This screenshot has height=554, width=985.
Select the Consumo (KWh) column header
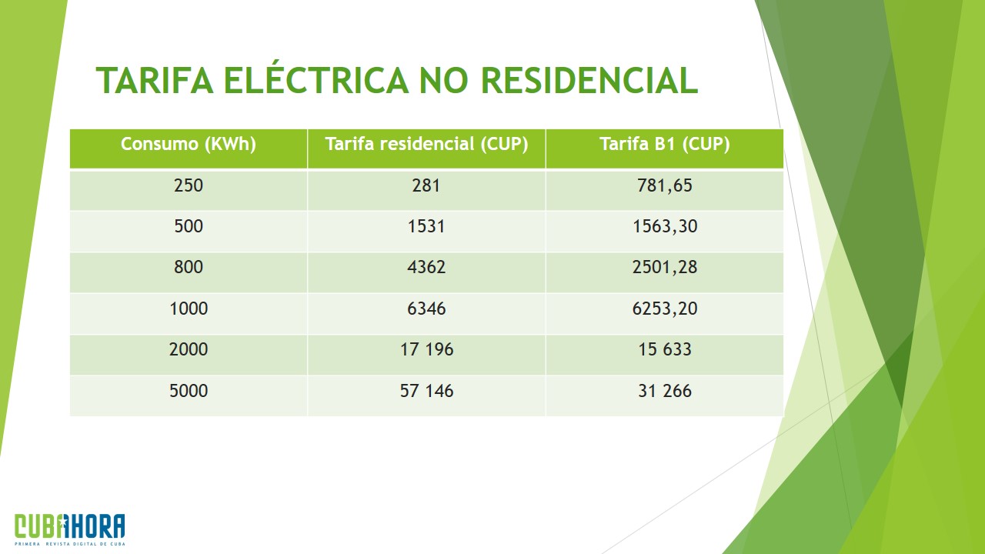(x=189, y=144)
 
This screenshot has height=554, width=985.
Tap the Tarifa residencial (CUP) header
(x=426, y=144)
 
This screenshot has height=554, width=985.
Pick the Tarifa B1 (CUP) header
(x=665, y=144)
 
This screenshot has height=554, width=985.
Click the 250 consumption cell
(x=189, y=185)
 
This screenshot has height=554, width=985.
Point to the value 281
(x=426, y=185)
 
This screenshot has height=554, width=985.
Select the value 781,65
(x=665, y=185)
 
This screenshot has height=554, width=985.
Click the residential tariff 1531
(x=426, y=226)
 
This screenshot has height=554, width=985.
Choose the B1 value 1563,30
(x=665, y=226)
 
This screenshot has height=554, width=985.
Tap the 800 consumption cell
(x=189, y=267)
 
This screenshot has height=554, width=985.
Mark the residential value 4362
(x=426, y=267)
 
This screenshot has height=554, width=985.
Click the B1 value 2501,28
(x=665, y=267)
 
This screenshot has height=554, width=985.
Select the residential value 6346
(x=426, y=309)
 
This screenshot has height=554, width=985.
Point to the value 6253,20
(x=665, y=309)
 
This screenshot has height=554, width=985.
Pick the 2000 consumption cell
(x=189, y=349)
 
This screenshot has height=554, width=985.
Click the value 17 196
(x=426, y=349)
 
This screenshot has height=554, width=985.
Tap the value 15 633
(x=665, y=349)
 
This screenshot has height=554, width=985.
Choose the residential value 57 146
(x=426, y=391)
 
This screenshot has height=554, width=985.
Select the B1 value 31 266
(x=665, y=391)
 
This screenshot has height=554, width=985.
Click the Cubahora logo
(x=70, y=529)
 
